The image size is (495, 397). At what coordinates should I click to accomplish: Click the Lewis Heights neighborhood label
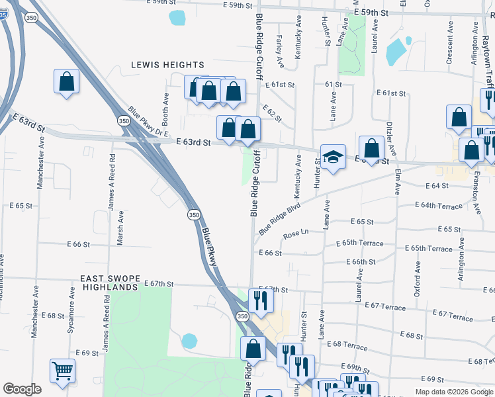click(167, 65)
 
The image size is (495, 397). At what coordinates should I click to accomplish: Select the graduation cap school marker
click(334, 157)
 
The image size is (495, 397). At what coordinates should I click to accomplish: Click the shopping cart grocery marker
click(62, 371)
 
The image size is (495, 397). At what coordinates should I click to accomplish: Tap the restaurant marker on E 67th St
click(261, 300)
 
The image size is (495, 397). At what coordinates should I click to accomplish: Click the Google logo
click(22, 389)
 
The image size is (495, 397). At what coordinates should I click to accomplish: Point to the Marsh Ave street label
click(120, 230)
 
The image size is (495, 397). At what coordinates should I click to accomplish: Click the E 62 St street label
click(272, 113)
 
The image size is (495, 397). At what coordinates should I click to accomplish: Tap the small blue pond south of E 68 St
click(189, 341)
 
